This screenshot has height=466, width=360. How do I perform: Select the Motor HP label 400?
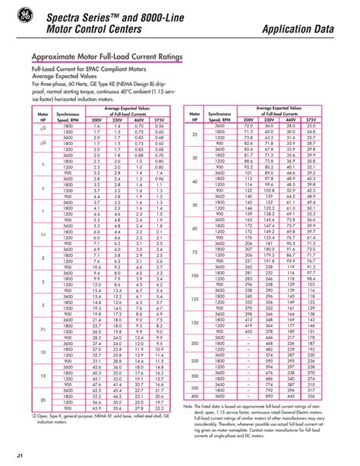[195, 396]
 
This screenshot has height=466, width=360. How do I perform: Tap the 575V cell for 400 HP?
[311, 396]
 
